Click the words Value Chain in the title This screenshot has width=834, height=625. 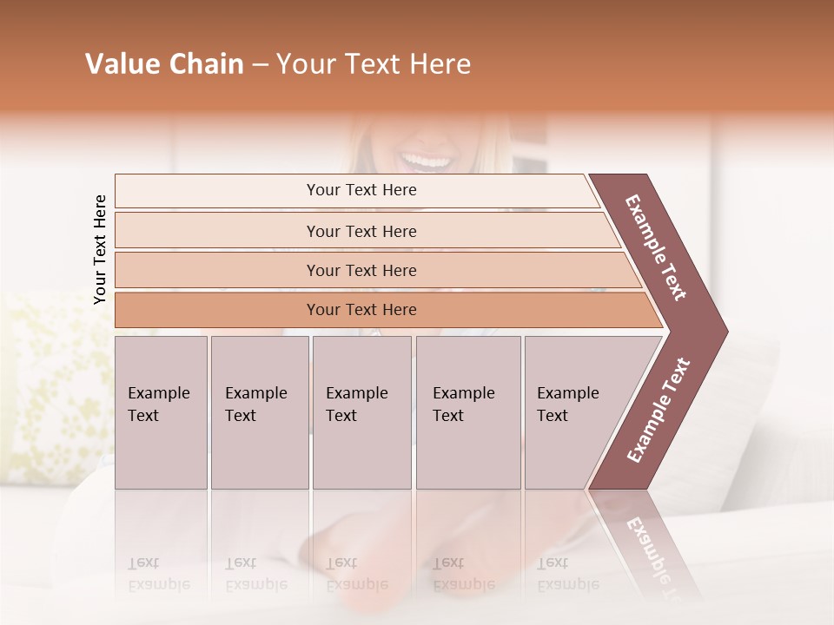coord(164,64)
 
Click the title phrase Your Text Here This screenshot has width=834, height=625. coord(374,64)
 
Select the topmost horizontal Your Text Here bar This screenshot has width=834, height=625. coord(361,190)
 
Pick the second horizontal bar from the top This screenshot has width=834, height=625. coord(361,231)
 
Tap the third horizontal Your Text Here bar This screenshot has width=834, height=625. coord(361,270)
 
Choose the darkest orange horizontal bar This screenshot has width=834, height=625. coord(361,310)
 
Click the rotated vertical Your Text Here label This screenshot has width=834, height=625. coord(100,249)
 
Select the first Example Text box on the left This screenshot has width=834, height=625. coord(161,412)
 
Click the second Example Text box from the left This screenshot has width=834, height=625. coord(259,412)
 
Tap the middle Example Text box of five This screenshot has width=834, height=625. coord(361,412)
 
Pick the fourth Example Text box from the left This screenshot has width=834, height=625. coord(467,412)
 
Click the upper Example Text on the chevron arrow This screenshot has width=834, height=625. coord(656,247)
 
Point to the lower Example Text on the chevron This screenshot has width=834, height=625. coord(659,410)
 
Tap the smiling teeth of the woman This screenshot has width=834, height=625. coord(427,161)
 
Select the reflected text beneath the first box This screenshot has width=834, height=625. coord(159,574)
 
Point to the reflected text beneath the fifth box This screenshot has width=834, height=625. coord(567,574)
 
